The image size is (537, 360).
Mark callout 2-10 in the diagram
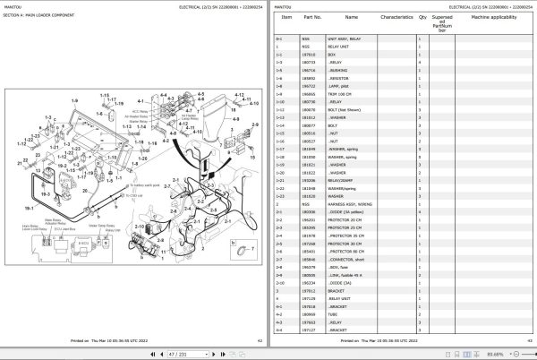click(140, 227)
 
